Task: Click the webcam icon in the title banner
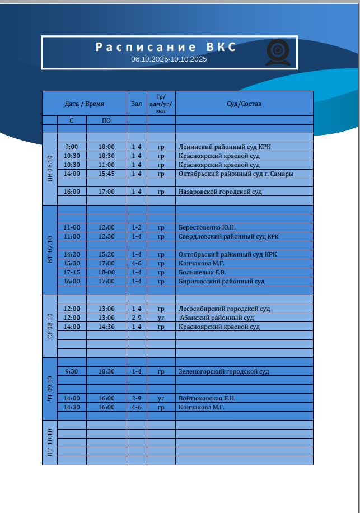pyautogui.click(x=278, y=52)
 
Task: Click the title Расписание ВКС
pyautogui.click(x=166, y=47)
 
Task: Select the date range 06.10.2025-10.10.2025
pyautogui.click(x=169, y=59)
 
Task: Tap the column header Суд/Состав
pyautogui.click(x=244, y=104)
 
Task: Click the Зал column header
pyautogui.click(x=137, y=104)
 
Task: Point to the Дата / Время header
pyautogui.click(x=85, y=104)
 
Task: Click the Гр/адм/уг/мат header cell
pyautogui.click(x=161, y=104)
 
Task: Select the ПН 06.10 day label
pyautogui.click(x=50, y=169)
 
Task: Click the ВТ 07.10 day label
pyautogui.click(x=50, y=250)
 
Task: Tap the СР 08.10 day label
pyautogui.click(x=50, y=327)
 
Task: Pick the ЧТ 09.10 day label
pyautogui.click(x=50, y=389)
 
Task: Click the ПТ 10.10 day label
pyautogui.click(x=50, y=442)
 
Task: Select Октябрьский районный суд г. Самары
pyautogui.click(x=236, y=174)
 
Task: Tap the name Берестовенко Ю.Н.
pyautogui.click(x=207, y=227)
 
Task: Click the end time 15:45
pyautogui.click(x=106, y=174)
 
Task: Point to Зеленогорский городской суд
pyautogui.click(x=224, y=371)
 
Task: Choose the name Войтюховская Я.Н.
pyautogui.click(x=207, y=398)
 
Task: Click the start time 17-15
pyautogui.click(x=72, y=272)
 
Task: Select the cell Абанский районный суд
pyautogui.click(x=217, y=318)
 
